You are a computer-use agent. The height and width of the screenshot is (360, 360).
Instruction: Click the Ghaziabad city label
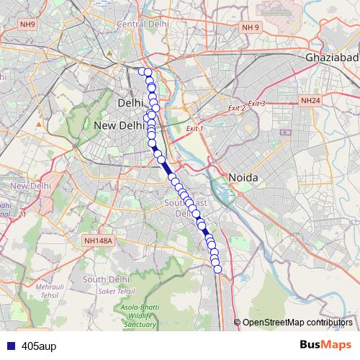331,58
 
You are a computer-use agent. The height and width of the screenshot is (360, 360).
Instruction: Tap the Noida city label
243,177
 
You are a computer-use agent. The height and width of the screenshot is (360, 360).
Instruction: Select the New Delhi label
120,125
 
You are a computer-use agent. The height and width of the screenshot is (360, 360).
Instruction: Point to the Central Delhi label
143,24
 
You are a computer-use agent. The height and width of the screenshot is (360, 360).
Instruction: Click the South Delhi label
105,279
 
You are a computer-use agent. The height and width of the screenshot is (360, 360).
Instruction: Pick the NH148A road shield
98,241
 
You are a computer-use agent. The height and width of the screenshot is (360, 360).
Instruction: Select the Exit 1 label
194,128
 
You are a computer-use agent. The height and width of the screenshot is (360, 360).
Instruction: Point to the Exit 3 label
256,104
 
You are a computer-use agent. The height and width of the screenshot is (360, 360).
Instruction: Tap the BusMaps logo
325,345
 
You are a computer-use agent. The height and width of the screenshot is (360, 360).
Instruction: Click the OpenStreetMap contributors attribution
297,323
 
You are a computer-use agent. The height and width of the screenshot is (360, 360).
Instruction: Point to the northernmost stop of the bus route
143,71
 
